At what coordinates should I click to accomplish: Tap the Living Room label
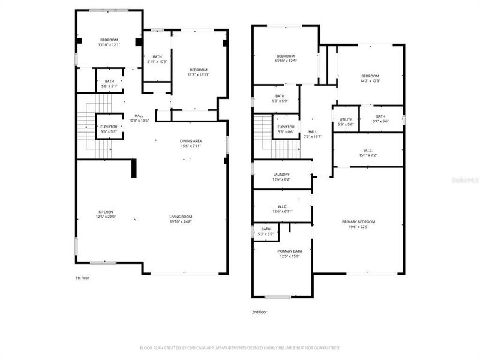180,219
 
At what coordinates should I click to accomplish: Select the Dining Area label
191,143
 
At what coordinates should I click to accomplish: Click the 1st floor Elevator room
109,129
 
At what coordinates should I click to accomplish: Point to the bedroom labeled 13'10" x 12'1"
109,43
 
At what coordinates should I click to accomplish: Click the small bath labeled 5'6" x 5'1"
109,83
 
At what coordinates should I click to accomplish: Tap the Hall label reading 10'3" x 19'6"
139,118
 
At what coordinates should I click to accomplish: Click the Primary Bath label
289,254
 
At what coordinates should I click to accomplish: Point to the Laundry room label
281,176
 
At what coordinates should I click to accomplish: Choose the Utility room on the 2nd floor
346,121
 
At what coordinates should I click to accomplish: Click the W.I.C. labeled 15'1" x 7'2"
369,153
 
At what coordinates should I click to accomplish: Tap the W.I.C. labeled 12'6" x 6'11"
281,209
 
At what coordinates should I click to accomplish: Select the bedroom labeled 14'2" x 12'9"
370,78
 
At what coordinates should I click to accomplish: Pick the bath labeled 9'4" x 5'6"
380,119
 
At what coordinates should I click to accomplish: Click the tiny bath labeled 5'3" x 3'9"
266,231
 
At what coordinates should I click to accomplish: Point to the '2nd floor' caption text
260,312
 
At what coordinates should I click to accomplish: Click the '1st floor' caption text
82,278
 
